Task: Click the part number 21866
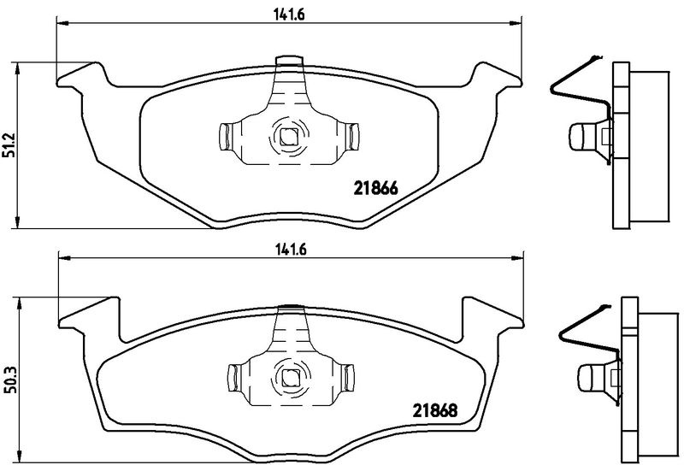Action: pos(375,188)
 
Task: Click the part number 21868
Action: pos(434,410)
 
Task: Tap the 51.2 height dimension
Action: pos(10,144)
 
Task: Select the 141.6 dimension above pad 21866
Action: pos(289,15)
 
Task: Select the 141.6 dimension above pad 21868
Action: pos(291,250)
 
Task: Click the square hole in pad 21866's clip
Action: pos(287,137)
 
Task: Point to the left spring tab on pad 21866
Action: pos(225,137)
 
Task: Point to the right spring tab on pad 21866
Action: pos(352,137)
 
